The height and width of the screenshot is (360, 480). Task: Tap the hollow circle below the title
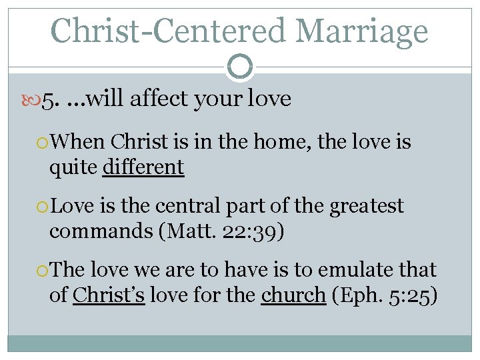click(240, 66)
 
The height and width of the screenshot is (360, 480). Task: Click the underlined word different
click(143, 167)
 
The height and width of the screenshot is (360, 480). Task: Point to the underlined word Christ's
click(109, 295)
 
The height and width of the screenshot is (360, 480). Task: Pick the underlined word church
click(293, 295)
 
